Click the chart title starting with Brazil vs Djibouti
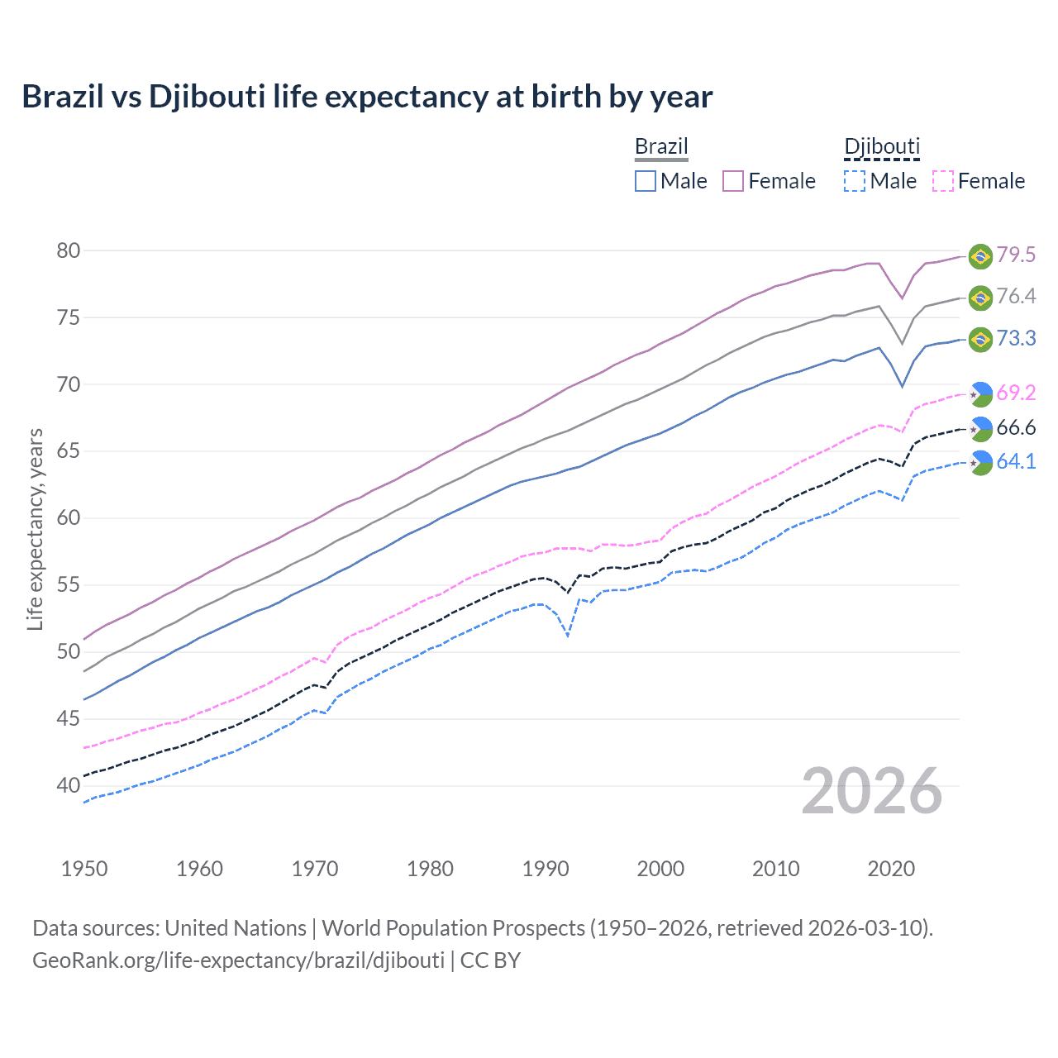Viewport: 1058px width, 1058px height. (x=367, y=97)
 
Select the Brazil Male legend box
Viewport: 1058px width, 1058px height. (x=646, y=181)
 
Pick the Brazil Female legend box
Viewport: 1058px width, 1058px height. (x=733, y=181)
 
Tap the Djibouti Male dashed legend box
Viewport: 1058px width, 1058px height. (x=855, y=181)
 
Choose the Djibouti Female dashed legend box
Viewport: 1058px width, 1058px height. (x=943, y=181)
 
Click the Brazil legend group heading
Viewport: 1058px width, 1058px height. (x=661, y=147)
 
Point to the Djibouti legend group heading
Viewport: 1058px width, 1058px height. (x=882, y=147)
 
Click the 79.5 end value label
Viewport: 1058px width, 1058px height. (x=1016, y=255)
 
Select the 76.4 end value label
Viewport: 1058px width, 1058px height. (x=1016, y=297)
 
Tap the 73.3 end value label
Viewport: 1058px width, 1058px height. (x=1016, y=339)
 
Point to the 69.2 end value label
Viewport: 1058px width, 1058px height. (x=1016, y=393)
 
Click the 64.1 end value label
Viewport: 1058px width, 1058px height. (x=1016, y=462)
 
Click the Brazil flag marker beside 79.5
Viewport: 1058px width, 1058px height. (x=980, y=256)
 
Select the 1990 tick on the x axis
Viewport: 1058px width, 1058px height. (x=546, y=869)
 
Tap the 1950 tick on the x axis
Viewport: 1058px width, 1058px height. (x=84, y=869)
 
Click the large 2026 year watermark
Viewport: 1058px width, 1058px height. (x=872, y=791)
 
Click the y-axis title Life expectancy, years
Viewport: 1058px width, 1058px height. (x=35, y=529)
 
